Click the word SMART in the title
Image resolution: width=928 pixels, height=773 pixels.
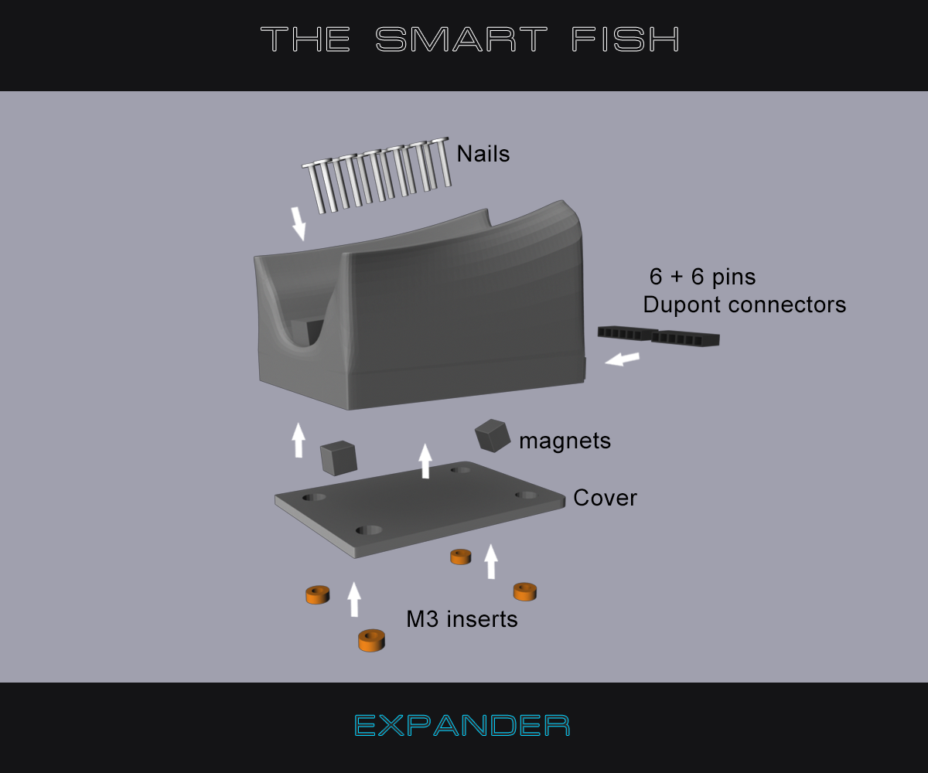(462, 39)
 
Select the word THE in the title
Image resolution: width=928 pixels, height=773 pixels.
(305, 39)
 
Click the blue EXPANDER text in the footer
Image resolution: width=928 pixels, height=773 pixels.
(462, 726)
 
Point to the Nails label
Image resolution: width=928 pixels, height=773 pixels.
(483, 154)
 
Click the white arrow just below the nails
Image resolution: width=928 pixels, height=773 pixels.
(299, 223)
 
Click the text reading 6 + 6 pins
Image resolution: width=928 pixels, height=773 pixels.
(701, 277)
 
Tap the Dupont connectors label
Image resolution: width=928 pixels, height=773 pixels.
(744, 305)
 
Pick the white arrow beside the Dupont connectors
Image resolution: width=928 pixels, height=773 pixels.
(623, 359)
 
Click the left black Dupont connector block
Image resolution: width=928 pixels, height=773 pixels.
(623, 334)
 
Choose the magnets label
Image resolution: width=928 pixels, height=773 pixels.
(565, 441)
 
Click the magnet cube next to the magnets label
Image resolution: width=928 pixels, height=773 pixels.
(493, 435)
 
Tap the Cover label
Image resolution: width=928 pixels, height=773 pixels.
(605, 498)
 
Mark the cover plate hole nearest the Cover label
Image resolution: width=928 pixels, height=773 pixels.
(526, 495)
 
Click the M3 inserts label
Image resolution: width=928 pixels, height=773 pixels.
(462, 620)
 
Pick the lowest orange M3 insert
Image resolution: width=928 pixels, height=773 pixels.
(371, 640)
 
